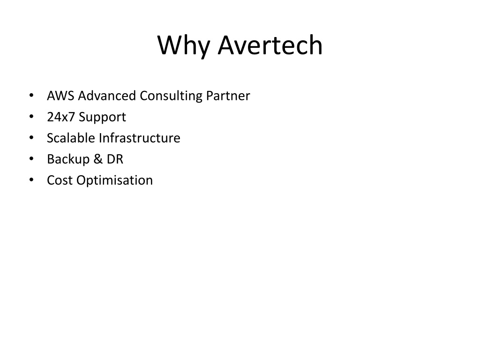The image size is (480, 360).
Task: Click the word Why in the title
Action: (183, 46)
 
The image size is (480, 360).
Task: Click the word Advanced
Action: (107, 96)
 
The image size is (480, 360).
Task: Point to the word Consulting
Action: (171, 96)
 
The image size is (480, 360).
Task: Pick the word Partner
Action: (228, 96)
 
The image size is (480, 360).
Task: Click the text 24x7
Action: (61, 117)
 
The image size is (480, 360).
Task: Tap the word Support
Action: (102, 118)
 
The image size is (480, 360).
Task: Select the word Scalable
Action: (71, 138)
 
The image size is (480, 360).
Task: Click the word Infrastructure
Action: (140, 138)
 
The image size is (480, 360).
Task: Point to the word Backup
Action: (68, 159)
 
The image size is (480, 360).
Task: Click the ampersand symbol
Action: (98, 159)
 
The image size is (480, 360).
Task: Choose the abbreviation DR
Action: (115, 159)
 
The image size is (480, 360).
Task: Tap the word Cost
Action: (60, 180)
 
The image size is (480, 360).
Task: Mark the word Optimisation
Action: (114, 180)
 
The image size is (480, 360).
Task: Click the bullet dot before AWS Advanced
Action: (31, 96)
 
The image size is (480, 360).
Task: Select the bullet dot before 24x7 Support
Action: (31, 117)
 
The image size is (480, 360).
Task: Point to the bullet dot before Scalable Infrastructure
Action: (31, 138)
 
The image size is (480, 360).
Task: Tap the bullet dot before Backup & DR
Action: (31, 159)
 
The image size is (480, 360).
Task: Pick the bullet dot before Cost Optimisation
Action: (31, 180)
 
